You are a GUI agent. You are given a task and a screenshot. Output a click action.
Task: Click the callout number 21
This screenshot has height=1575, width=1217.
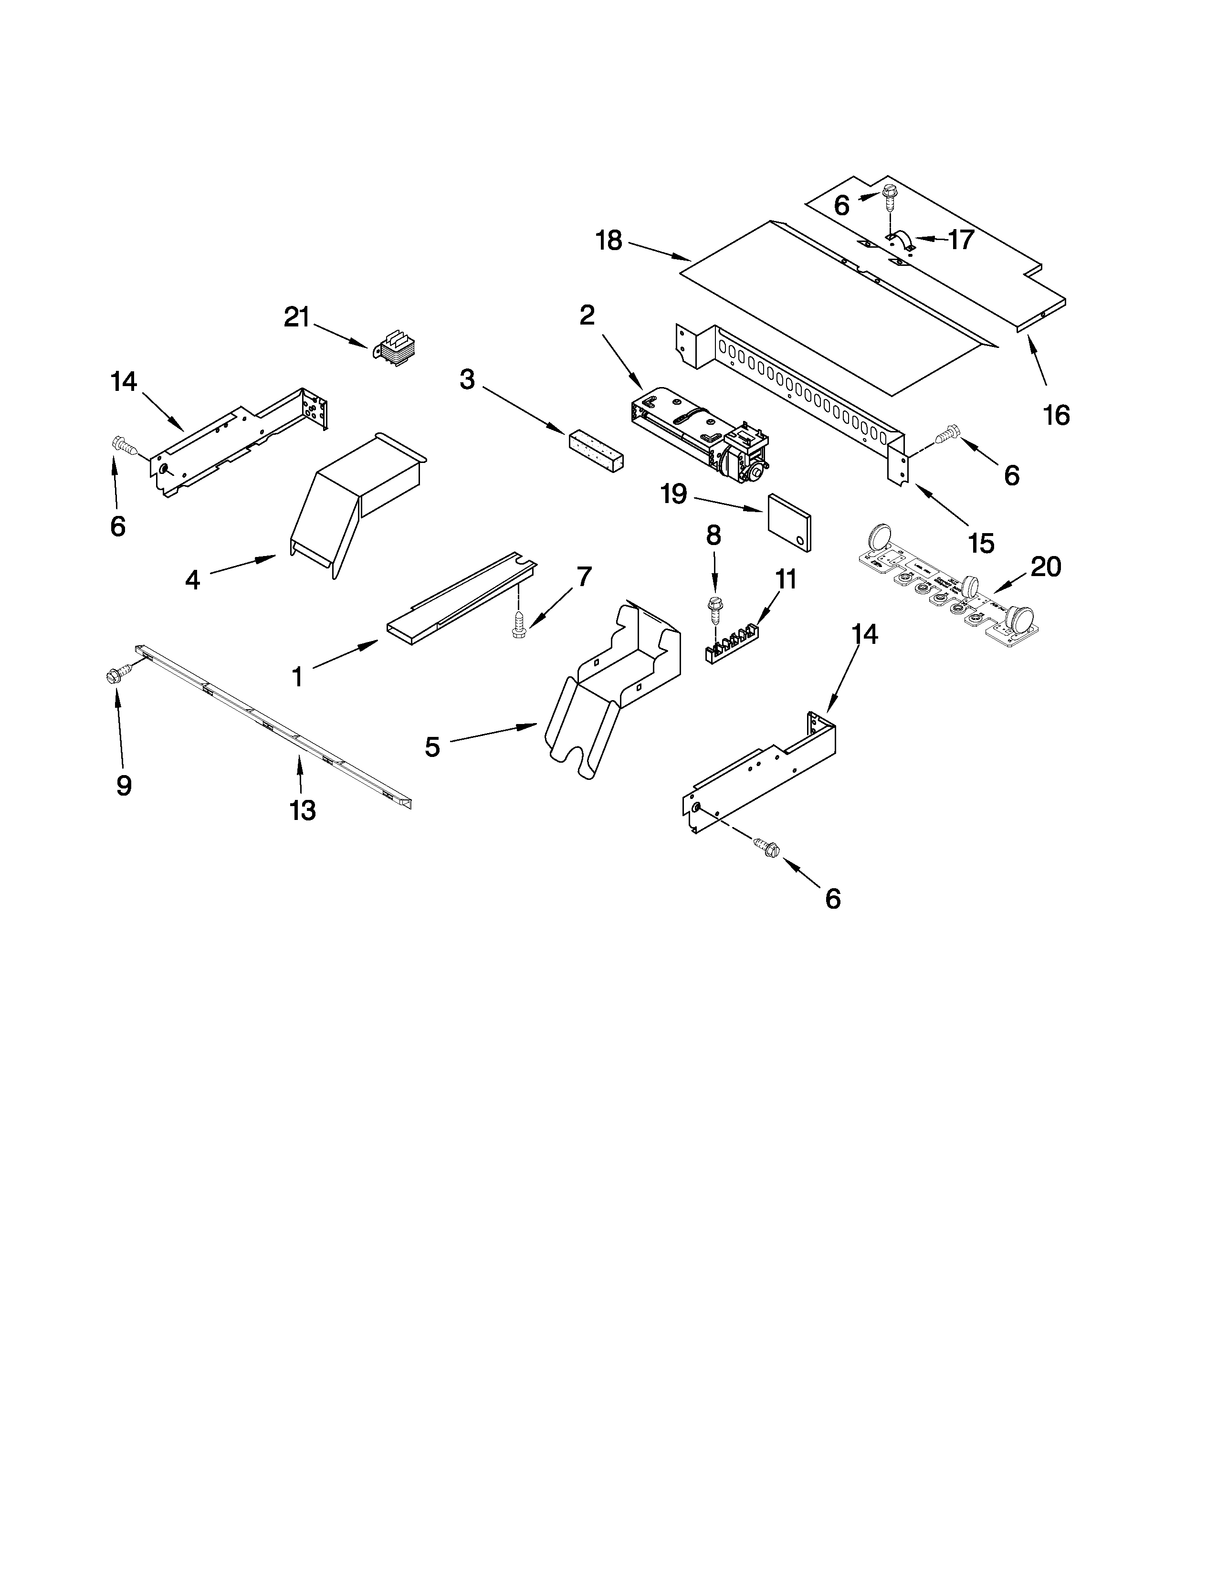point(296,317)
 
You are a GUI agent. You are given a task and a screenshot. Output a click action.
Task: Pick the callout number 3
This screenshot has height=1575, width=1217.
point(468,380)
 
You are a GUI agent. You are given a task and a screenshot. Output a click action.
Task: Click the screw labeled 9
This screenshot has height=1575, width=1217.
point(117,674)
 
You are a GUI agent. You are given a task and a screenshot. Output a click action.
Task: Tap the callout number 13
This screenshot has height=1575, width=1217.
point(303,810)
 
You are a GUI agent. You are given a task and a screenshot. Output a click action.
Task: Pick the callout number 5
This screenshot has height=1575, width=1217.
point(432,747)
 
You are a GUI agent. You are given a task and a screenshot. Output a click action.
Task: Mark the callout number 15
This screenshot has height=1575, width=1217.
point(981,543)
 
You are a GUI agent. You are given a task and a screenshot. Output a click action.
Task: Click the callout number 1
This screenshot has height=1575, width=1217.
point(297,676)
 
